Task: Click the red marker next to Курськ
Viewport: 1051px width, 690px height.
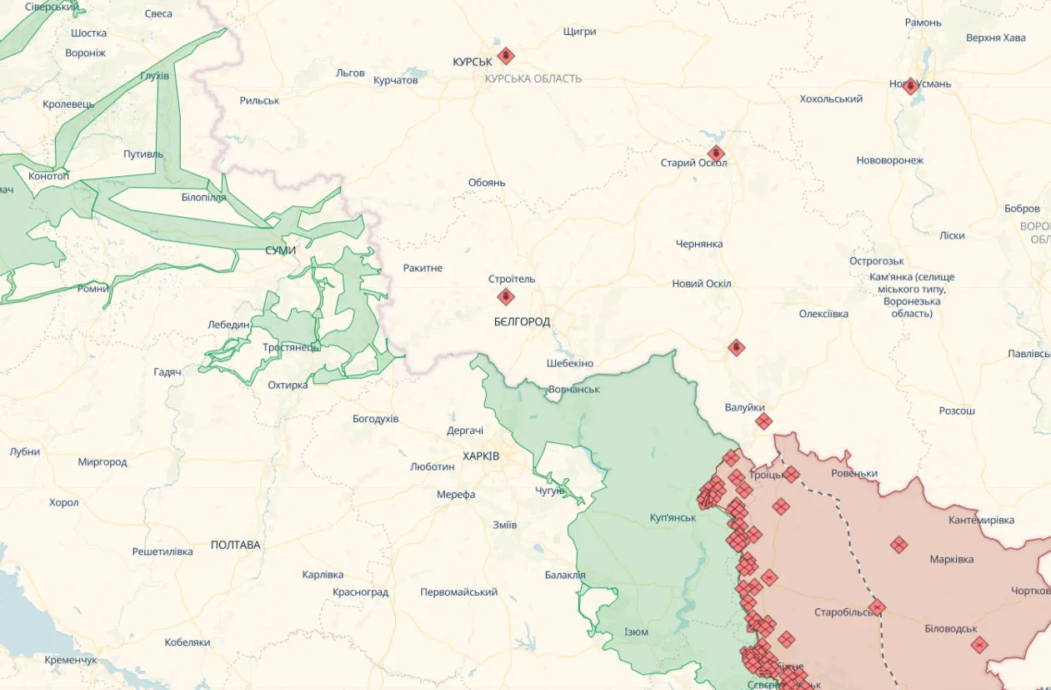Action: click(x=505, y=57)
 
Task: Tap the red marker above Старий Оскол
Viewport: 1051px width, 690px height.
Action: click(x=716, y=154)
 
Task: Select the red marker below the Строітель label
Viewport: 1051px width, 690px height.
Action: click(x=506, y=297)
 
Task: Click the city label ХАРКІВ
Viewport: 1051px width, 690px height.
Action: click(x=481, y=456)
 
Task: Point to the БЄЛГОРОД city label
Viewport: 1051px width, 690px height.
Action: click(x=522, y=321)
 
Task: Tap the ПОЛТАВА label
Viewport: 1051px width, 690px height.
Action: click(x=235, y=545)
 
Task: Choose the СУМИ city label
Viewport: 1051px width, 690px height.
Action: click(x=280, y=250)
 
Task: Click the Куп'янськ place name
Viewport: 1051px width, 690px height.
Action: click(x=673, y=518)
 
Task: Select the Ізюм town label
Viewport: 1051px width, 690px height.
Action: click(x=636, y=632)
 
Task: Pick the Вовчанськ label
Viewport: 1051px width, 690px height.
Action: click(x=573, y=390)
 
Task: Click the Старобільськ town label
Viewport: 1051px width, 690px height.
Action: click(x=847, y=612)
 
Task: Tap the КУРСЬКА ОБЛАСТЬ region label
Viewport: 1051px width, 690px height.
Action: click(x=533, y=78)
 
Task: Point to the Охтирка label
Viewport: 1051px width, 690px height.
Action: click(x=288, y=385)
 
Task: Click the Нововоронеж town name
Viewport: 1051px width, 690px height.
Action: click(x=890, y=160)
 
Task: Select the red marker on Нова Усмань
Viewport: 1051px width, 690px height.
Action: click(x=911, y=86)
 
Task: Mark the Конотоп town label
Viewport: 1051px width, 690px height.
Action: click(x=49, y=176)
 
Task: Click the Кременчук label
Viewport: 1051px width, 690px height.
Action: click(x=71, y=660)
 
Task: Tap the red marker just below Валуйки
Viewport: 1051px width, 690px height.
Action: click(x=763, y=422)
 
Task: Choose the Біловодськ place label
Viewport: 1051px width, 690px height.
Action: click(x=951, y=629)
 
